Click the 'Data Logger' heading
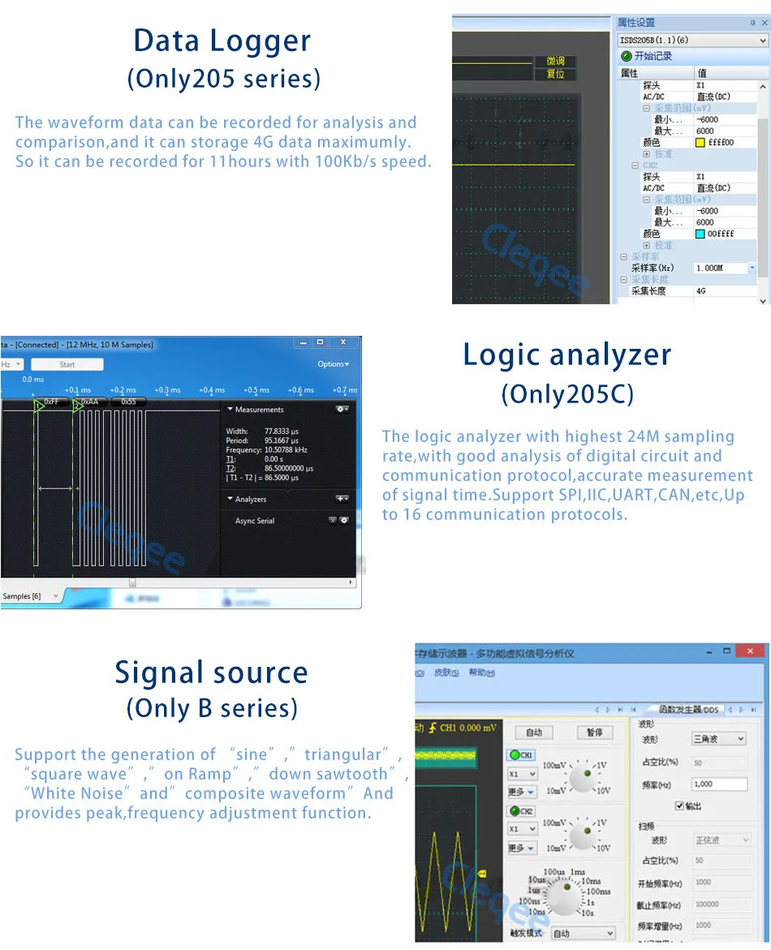point(222,41)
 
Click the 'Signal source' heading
point(211,673)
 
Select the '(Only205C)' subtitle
point(567,394)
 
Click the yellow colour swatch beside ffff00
point(700,143)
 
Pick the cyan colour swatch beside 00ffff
point(700,234)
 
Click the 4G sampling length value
point(701,290)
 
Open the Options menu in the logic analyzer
point(333,364)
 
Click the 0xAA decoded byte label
point(89,402)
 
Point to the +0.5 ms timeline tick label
point(256,390)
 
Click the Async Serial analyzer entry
point(255,521)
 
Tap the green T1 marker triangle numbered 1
point(38,406)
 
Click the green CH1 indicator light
point(515,755)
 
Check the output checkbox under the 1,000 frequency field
point(679,806)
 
